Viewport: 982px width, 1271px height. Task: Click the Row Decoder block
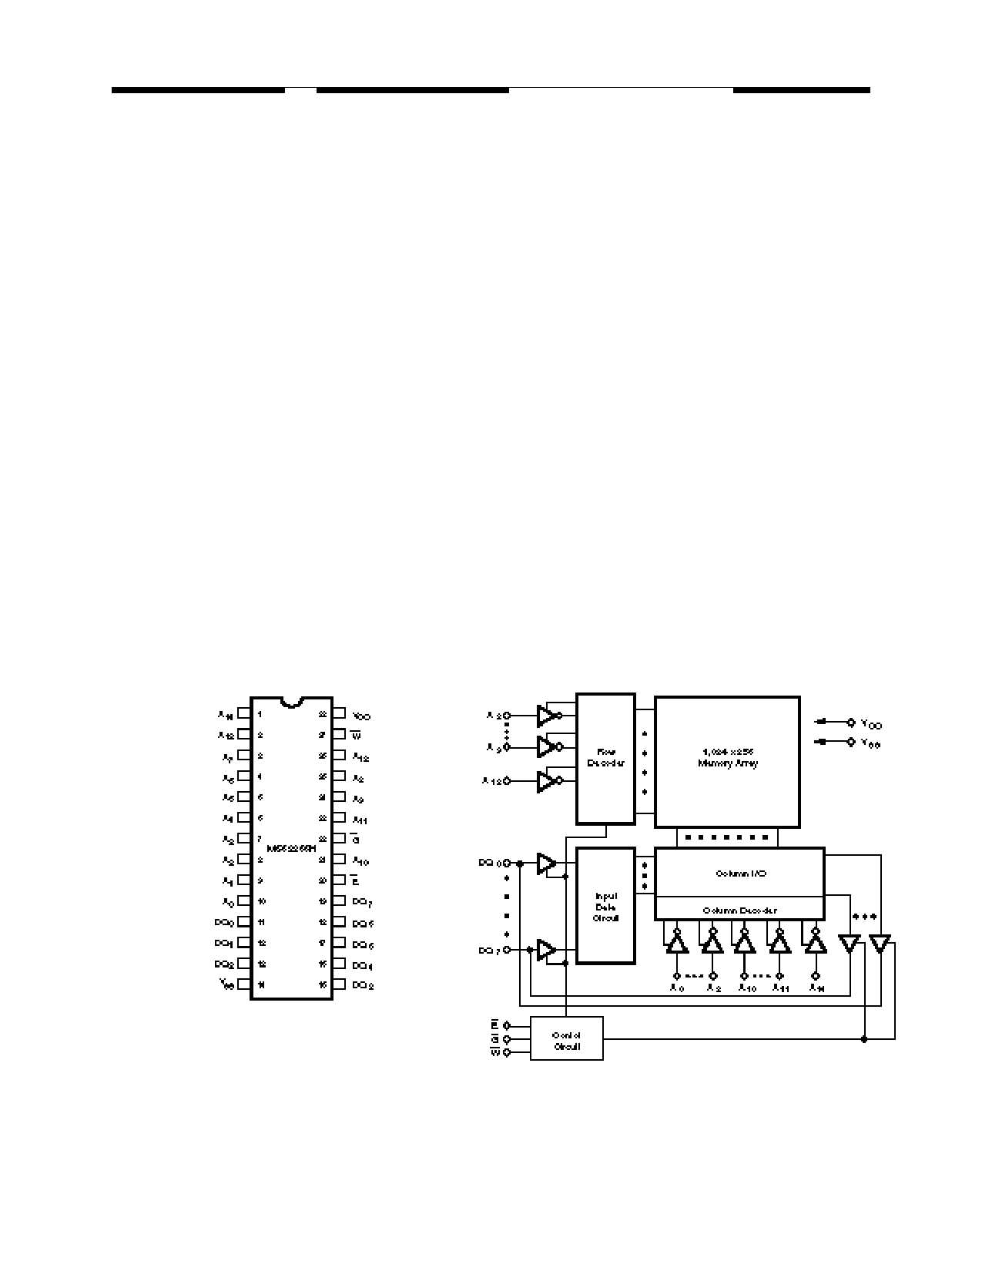pos(605,757)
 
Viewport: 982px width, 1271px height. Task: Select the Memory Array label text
pos(727,757)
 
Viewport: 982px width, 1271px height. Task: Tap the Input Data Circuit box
pos(605,906)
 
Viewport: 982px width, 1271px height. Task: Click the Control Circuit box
pos(566,1039)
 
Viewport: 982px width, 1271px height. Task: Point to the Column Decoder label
pos(739,910)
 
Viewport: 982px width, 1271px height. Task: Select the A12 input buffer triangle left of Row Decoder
pos(546,781)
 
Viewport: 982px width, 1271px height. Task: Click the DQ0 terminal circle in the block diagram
pos(506,863)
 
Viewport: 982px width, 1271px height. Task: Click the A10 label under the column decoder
pos(747,988)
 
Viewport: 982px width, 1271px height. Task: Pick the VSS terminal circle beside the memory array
pos(851,743)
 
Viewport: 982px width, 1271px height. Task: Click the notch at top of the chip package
pos(291,702)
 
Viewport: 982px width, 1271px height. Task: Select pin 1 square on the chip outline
pos(243,713)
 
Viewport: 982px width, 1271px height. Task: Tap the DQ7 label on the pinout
pos(362,902)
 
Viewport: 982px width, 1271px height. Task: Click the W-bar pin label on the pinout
pos(356,736)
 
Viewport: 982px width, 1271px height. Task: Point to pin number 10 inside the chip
pos(262,900)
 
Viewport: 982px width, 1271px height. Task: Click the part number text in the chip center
pos(291,848)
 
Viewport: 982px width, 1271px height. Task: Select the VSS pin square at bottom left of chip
pos(243,984)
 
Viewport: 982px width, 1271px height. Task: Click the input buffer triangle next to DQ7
pos(546,950)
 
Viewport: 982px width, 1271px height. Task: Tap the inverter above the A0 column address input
pos(676,943)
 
